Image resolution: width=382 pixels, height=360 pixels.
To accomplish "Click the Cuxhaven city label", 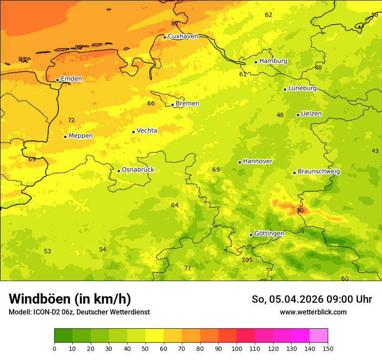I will pyautogui.click(x=183, y=36).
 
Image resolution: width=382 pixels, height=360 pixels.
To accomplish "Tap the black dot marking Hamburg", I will pyautogui.click(x=256, y=62).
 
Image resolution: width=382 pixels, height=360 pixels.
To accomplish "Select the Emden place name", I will pyautogui.click(x=71, y=79).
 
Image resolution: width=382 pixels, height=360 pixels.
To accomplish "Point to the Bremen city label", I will pyautogui.click(x=188, y=104).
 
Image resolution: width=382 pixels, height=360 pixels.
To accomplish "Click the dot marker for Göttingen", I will pyautogui.click(x=251, y=235).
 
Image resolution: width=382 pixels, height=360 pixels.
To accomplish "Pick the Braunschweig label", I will pyautogui.click(x=319, y=172).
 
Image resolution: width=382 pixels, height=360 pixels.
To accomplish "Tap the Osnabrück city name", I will pyautogui.click(x=138, y=170).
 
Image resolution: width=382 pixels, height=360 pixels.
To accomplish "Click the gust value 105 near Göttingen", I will pyautogui.click(x=247, y=260).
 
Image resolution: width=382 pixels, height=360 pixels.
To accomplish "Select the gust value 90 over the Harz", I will pyautogui.click(x=300, y=211).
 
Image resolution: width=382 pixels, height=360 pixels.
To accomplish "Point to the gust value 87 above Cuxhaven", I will pyautogui.click(x=175, y=24).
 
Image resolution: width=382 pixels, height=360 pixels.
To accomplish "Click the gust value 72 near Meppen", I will pyautogui.click(x=71, y=121).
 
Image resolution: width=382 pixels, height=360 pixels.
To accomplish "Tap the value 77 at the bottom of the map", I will pyautogui.click(x=188, y=268).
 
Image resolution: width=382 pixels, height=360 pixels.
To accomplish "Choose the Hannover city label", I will pyautogui.click(x=257, y=161).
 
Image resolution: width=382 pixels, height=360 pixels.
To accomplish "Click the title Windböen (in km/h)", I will pyautogui.click(x=70, y=299).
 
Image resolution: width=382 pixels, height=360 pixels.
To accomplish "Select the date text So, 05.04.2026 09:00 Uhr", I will pyautogui.click(x=312, y=299).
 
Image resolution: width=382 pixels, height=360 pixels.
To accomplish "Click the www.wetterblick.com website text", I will pyautogui.click(x=313, y=312).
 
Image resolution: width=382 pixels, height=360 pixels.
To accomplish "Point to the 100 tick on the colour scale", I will pyautogui.click(x=237, y=348).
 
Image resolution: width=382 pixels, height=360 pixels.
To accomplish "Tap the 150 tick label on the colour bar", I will pyautogui.click(x=328, y=348).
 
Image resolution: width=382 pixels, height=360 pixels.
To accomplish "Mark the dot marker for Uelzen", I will pyautogui.click(x=298, y=115).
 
